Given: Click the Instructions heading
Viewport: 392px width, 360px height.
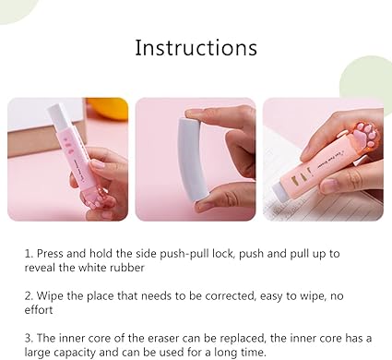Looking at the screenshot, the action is (x=196, y=48).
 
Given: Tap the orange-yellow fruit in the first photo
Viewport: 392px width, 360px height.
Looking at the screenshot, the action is (x=108, y=108).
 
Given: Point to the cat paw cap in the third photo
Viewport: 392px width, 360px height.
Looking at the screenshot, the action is (x=366, y=135).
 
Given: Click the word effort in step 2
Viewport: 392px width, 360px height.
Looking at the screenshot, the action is (x=39, y=309).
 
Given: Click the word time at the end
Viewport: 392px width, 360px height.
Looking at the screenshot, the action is (x=253, y=352).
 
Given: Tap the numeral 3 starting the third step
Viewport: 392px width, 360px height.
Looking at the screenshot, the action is (x=29, y=339).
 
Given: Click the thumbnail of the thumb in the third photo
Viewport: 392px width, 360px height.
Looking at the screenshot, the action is (x=328, y=186).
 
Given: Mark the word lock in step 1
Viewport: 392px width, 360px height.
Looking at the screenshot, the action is (x=222, y=254).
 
